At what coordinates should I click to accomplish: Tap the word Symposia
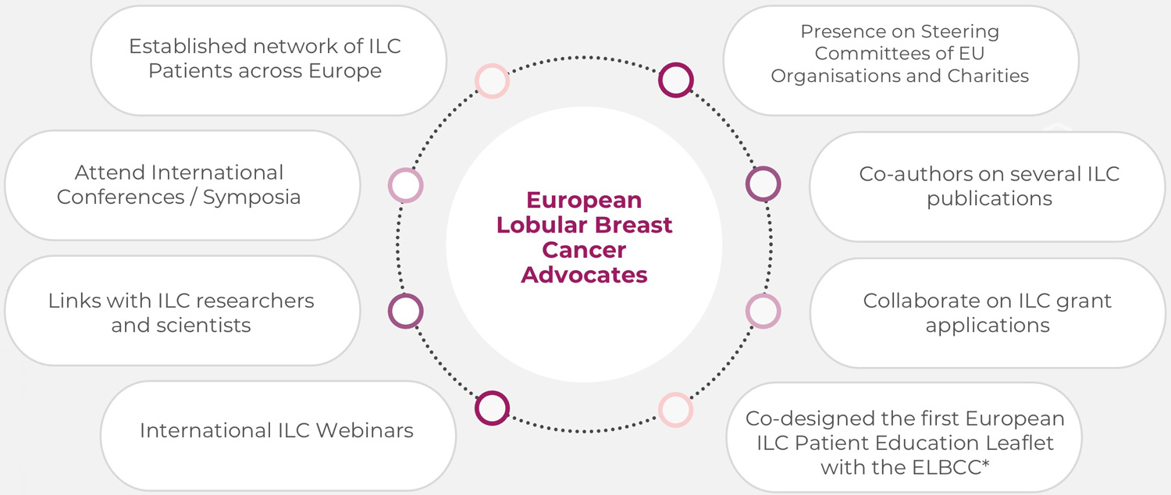click(x=251, y=197)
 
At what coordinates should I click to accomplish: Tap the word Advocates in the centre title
click(x=584, y=275)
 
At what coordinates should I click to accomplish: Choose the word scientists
click(x=181, y=325)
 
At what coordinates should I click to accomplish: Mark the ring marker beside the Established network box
click(x=492, y=81)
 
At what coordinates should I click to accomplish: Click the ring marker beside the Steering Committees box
click(x=675, y=80)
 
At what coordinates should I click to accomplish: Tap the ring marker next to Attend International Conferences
click(x=405, y=186)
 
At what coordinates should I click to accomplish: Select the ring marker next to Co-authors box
click(x=763, y=184)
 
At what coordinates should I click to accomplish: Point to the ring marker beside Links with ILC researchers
click(x=405, y=312)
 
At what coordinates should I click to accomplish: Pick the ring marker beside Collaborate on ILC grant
click(x=763, y=311)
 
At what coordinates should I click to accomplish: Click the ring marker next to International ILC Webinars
click(x=492, y=408)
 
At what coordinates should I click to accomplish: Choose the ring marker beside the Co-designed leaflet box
click(x=675, y=409)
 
